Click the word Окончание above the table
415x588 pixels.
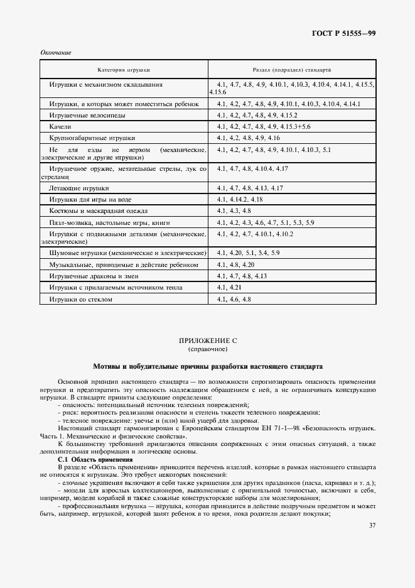coord(55,52)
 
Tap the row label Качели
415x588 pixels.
coord(60,126)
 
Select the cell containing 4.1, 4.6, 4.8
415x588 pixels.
coord(234,300)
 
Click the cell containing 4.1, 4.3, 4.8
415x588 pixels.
coord(234,210)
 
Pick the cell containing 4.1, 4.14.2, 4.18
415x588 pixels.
coord(239,199)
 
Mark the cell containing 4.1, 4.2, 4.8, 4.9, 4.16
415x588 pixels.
coord(248,137)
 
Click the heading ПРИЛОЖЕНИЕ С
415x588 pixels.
coord(207,340)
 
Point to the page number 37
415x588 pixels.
coord(372,525)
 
